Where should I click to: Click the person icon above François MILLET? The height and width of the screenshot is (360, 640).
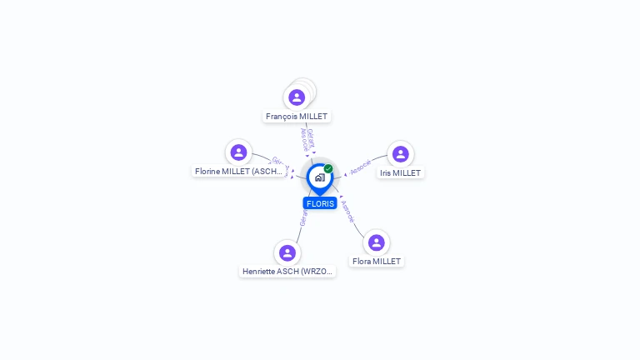[x=297, y=97]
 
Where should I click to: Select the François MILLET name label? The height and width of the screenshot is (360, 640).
[x=297, y=117]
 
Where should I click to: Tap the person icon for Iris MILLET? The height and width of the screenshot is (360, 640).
[x=400, y=154]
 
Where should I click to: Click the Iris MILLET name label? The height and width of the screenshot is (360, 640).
[x=401, y=172]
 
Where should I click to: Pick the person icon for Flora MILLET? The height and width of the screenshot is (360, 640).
[x=376, y=242]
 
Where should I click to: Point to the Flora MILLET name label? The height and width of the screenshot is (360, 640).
[x=377, y=261]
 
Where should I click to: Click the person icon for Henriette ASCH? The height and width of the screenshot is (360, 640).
[x=287, y=252]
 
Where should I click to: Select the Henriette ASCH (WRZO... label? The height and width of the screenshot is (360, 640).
[x=287, y=271]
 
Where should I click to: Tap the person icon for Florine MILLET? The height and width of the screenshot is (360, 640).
[x=238, y=152]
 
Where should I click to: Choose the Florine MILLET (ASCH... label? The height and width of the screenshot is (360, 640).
[x=240, y=171]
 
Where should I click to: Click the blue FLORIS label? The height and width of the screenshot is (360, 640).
[x=320, y=203]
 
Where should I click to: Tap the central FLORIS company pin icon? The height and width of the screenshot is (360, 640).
[x=319, y=177]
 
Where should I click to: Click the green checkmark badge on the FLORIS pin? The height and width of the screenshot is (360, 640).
[x=328, y=169]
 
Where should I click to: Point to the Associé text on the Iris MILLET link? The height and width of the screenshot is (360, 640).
[x=361, y=167]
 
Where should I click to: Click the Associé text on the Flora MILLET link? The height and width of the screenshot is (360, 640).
[x=348, y=210]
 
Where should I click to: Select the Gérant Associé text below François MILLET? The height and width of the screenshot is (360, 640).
[x=307, y=138]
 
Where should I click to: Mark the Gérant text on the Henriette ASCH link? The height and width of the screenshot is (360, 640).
[x=303, y=218]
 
